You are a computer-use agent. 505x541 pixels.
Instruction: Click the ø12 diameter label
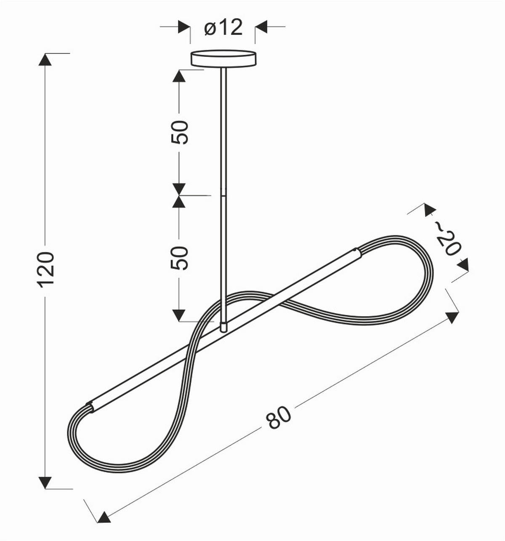click(223, 28)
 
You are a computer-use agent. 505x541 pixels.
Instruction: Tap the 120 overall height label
click(46, 268)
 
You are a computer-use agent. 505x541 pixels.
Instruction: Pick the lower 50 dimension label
click(180, 257)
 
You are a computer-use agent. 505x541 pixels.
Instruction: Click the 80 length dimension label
click(279, 417)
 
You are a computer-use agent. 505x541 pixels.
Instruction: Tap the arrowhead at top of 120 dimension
click(45, 59)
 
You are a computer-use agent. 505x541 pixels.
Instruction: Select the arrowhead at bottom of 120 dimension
click(45, 482)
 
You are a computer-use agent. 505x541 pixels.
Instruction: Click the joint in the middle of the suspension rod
click(223, 195)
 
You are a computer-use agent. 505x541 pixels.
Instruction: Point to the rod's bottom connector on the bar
click(223, 326)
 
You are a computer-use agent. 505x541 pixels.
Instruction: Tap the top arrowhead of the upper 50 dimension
click(179, 76)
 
